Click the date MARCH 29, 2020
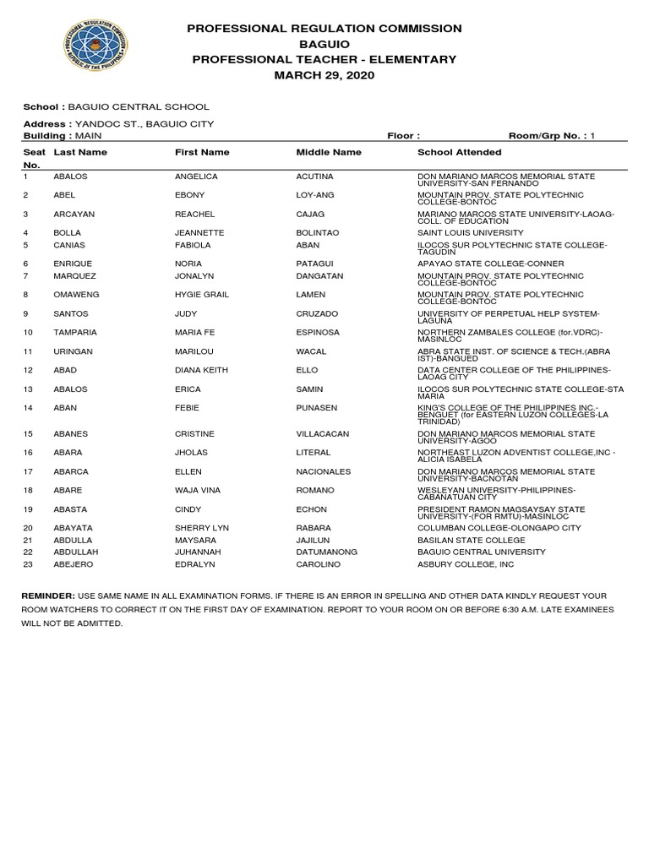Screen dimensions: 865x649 [x=324, y=75]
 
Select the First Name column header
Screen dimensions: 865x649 [x=202, y=152]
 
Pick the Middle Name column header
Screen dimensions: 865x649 [x=329, y=152]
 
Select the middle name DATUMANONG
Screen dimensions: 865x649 [x=326, y=552]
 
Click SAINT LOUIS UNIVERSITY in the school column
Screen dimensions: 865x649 [x=471, y=232]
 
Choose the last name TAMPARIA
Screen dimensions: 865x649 [x=74, y=333]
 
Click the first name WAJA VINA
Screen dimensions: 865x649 [x=197, y=491]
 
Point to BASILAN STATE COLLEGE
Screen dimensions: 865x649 [x=472, y=539]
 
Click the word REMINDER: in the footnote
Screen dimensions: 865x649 [x=47, y=596]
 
